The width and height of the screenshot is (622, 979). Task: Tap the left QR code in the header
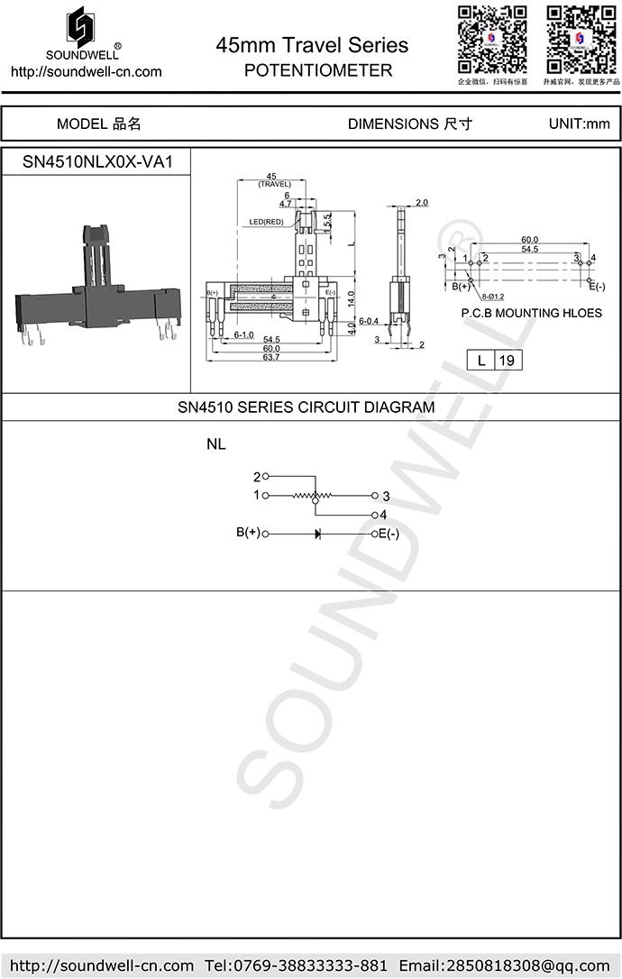(492, 39)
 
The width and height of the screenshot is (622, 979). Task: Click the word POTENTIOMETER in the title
(318, 70)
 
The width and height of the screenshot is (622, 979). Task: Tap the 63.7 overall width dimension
(270, 358)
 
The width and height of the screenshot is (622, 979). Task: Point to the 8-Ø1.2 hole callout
(492, 295)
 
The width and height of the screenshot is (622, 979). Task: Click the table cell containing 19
(507, 361)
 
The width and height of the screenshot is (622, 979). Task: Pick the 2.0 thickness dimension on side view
(422, 202)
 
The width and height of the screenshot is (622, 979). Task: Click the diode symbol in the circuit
(318, 534)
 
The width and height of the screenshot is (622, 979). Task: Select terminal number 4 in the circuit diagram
(383, 515)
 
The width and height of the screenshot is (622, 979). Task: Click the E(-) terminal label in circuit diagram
(389, 534)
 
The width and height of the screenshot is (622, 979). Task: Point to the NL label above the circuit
(216, 444)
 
